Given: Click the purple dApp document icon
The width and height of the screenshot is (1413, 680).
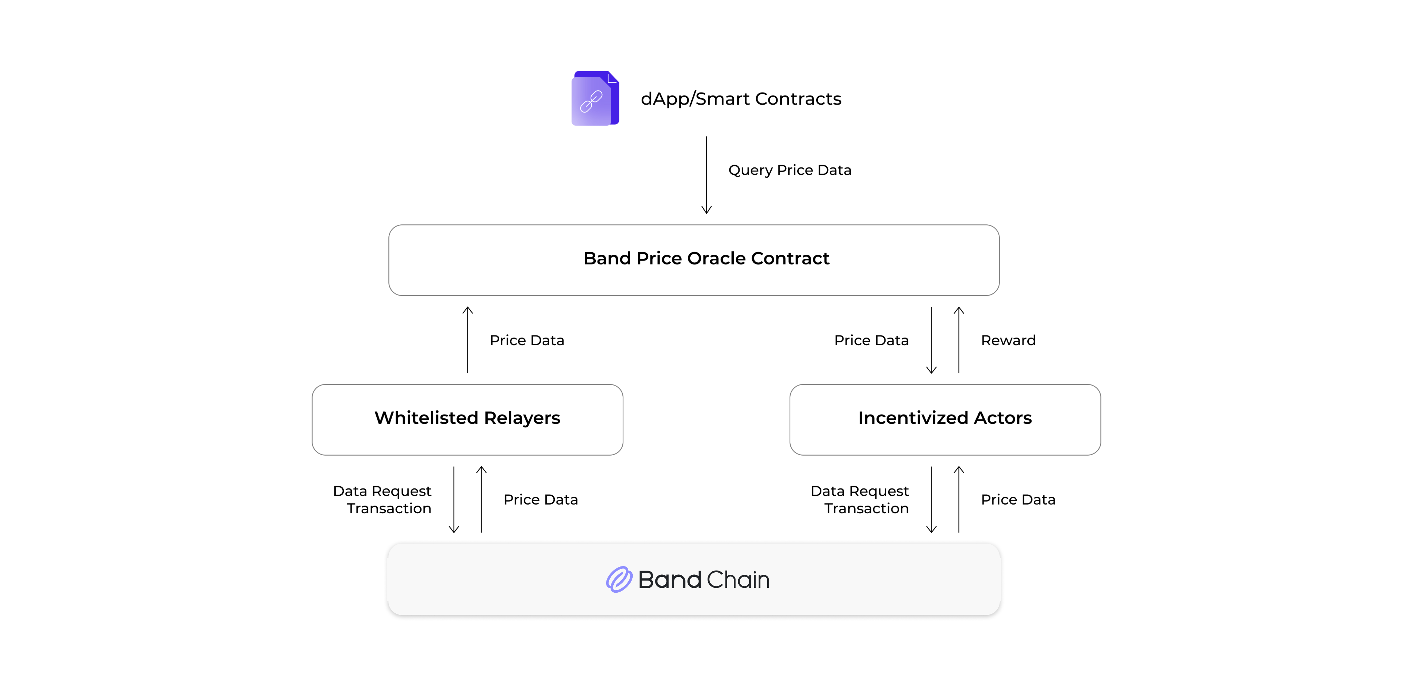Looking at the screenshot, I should tap(595, 98).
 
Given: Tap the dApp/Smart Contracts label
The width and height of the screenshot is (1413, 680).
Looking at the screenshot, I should tap(741, 99).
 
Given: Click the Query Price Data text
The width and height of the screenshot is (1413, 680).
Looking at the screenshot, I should tap(789, 170).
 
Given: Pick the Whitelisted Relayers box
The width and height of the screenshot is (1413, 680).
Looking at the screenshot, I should tap(467, 419).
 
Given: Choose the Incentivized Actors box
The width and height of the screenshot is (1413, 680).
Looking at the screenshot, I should tap(945, 419).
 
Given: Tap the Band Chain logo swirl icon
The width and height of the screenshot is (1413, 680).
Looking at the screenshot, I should tap(619, 580).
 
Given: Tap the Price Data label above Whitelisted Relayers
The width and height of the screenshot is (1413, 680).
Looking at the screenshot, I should tap(526, 340).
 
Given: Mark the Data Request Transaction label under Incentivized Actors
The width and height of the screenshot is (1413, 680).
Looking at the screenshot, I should tap(860, 499).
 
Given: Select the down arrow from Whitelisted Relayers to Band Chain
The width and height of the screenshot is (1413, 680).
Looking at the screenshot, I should tap(454, 499).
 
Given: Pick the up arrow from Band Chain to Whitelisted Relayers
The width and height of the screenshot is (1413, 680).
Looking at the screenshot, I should tap(481, 499).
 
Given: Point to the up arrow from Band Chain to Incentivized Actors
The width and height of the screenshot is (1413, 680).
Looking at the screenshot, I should tap(959, 499).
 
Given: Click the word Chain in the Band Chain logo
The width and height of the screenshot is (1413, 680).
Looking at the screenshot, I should tap(738, 580).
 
